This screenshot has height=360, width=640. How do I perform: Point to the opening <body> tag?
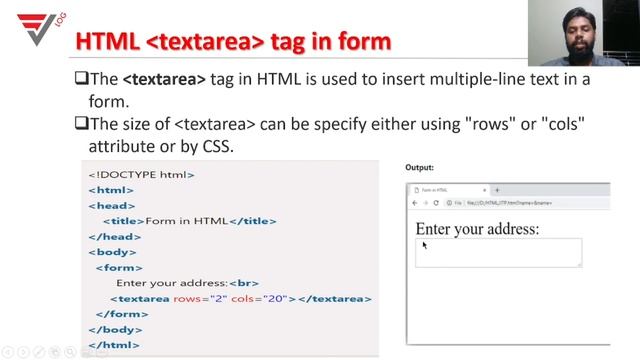[111, 252]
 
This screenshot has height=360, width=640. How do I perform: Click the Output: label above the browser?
[419, 168]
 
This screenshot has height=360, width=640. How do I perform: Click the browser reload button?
[436, 203]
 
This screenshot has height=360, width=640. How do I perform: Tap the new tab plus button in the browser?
[497, 190]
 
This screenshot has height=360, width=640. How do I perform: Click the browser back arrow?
[414, 203]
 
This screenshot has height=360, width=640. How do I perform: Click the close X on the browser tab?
[485, 190]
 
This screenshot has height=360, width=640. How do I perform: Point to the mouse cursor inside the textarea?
[424, 244]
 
